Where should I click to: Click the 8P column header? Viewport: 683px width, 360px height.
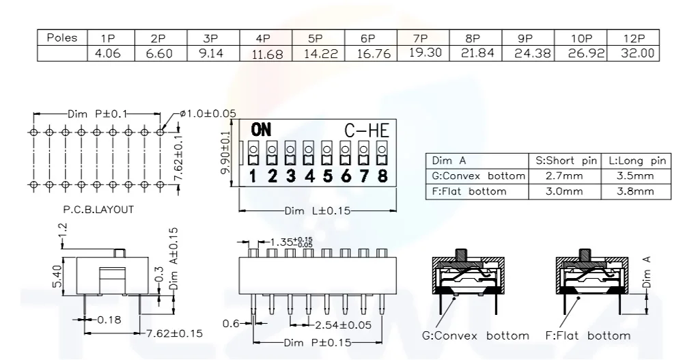(473, 39)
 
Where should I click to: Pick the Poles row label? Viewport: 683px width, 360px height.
(61, 38)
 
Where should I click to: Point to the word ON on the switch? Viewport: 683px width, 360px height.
(261, 129)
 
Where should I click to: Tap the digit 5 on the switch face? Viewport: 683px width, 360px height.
(327, 176)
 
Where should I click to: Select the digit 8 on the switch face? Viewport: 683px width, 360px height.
(382, 176)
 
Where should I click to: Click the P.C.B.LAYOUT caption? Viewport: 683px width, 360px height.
(98, 210)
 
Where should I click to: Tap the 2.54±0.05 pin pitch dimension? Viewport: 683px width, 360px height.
(339, 324)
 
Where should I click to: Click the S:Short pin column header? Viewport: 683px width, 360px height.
(563, 161)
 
